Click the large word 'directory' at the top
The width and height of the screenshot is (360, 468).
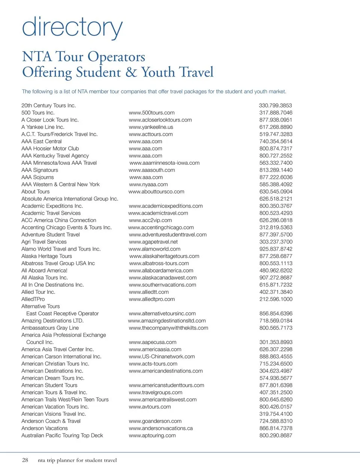click(x=72, y=27)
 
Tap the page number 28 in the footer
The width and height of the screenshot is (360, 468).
click(x=25, y=460)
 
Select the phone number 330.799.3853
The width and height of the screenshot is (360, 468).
click(x=275, y=105)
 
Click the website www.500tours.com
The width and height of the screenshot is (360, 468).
click(x=151, y=113)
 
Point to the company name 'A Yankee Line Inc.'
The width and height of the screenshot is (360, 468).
click(x=43, y=127)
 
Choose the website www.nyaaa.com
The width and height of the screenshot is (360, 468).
click(x=148, y=184)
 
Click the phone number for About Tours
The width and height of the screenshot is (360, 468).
click(x=276, y=191)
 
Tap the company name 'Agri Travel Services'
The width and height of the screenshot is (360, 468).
click(x=44, y=242)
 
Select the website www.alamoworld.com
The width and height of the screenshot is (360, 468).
click(x=154, y=249)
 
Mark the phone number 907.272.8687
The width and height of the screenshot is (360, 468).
click(x=276, y=278)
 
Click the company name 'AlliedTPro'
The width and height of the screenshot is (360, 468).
click(x=33, y=299)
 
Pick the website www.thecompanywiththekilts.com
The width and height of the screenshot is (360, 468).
click(x=168, y=328)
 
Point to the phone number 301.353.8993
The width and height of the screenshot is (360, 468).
click(x=276, y=342)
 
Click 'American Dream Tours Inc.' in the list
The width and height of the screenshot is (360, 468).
click(x=53, y=378)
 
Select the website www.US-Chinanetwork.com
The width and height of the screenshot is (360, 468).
click(x=162, y=357)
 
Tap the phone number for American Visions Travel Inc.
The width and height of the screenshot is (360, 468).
click(x=276, y=414)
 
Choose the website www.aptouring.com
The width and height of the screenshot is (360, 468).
click(x=152, y=435)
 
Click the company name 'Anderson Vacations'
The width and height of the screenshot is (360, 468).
click(x=45, y=428)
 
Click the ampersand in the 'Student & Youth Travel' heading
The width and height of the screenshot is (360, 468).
click(x=131, y=72)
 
